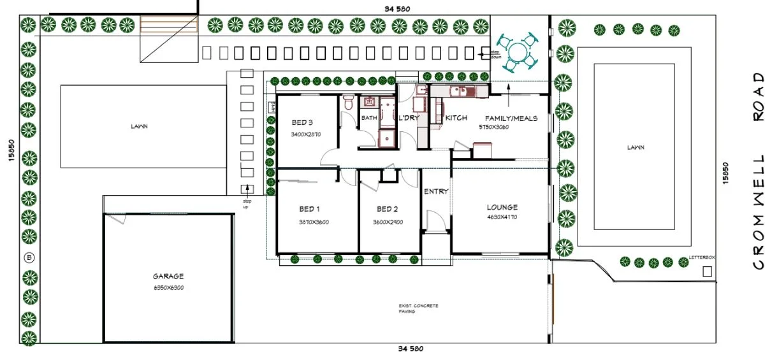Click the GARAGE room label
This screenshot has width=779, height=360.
point(168,277)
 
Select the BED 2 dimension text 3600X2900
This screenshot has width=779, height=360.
point(388,222)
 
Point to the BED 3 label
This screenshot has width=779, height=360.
point(303,122)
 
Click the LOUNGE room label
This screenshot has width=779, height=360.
point(502,207)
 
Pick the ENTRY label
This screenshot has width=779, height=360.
point(436,191)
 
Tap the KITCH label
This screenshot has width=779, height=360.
point(456,118)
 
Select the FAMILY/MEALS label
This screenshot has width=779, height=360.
point(511,118)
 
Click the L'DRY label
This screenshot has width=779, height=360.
point(408,119)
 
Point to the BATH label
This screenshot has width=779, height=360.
point(369,118)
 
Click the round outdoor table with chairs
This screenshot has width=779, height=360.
point(518,50)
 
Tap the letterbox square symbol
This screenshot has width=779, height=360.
point(706,271)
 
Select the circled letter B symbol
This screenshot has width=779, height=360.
point(29,257)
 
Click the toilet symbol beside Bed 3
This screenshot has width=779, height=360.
point(347,102)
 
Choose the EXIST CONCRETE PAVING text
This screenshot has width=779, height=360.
point(418,309)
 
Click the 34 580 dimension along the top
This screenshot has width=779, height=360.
point(397,8)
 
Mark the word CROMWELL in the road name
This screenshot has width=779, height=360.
point(758,212)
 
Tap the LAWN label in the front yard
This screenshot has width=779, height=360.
point(634,147)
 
